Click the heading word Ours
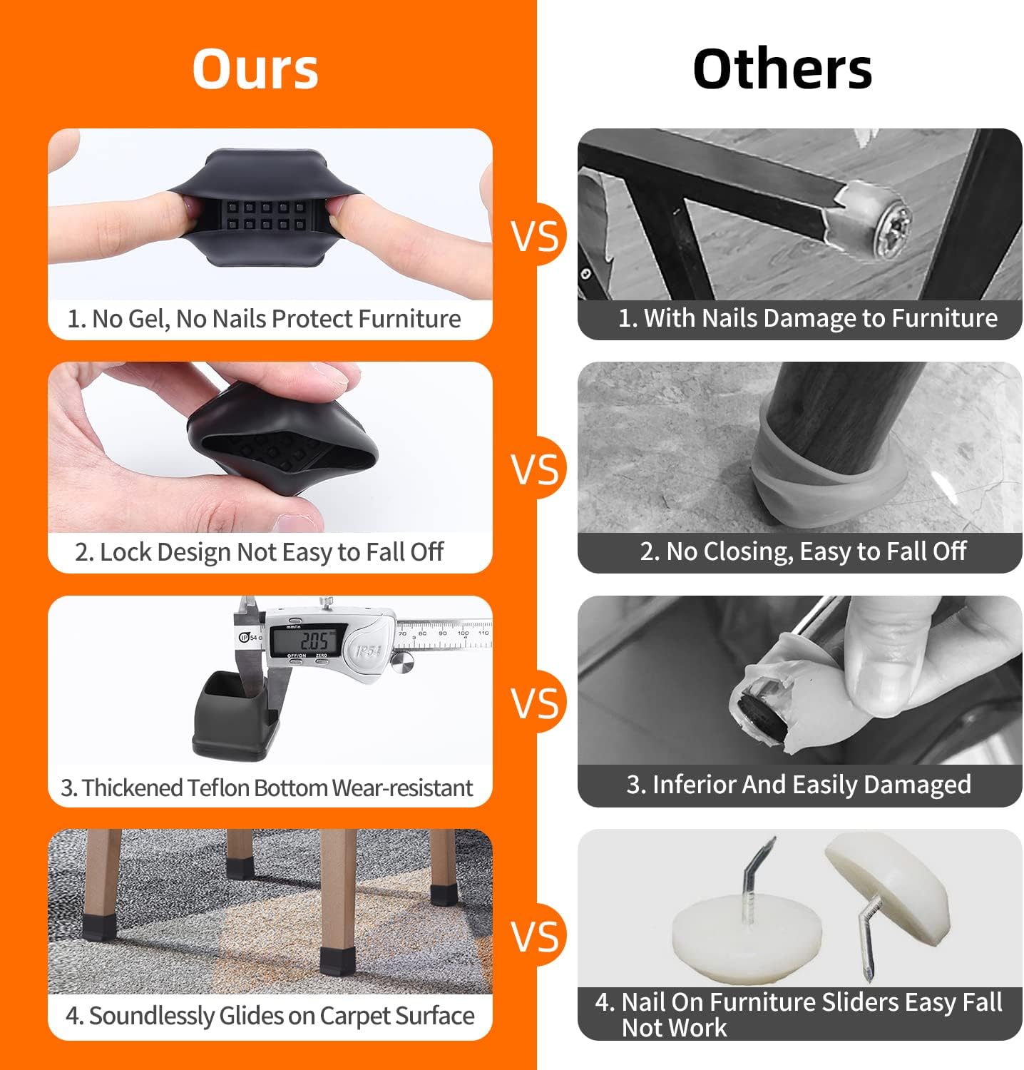point(255,68)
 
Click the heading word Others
point(782,68)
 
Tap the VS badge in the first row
point(536,235)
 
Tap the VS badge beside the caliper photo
point(536,702)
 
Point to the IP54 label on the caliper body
point(369,650)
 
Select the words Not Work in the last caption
point(674,1027)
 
